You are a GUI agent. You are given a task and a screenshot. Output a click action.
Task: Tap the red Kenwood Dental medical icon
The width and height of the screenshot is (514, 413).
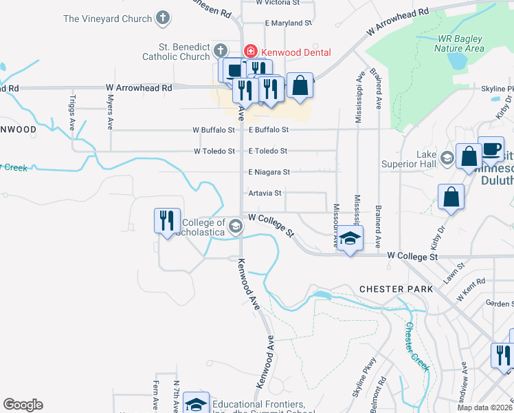pyautogui.click(x=252, y=52)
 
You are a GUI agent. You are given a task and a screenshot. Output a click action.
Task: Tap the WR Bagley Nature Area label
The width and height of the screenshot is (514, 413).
pyautogui.click(x=459, y=44)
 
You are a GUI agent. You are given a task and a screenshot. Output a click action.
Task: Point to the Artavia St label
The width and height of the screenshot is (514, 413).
pyautogui.click(x=265, y=193)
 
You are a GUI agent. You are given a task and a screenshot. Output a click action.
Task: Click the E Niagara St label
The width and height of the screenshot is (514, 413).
pyautogui.click(x=269, y=172)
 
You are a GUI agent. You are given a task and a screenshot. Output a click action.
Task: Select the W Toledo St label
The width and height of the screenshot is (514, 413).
pyautogui.click(x=214, y=151)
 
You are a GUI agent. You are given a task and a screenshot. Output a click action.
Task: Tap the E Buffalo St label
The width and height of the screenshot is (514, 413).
pyautogui.click(x=269, y=129)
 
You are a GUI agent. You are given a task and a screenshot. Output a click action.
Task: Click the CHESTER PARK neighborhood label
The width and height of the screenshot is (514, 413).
pyautogui.click(x=396, y=289)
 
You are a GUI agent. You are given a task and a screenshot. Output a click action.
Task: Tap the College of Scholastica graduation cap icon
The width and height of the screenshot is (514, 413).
pyautogui.click(x=235, y=226)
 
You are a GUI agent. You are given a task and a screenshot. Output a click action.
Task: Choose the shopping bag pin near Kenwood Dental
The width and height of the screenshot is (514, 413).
pyautogui.click(x=300, y=85)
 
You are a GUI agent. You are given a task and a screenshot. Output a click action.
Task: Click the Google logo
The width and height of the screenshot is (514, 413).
pyautogui.click(x=23, y=404)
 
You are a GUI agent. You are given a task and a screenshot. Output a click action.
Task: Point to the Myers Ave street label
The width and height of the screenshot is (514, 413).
pyautogui.click(x=109, y=113)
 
